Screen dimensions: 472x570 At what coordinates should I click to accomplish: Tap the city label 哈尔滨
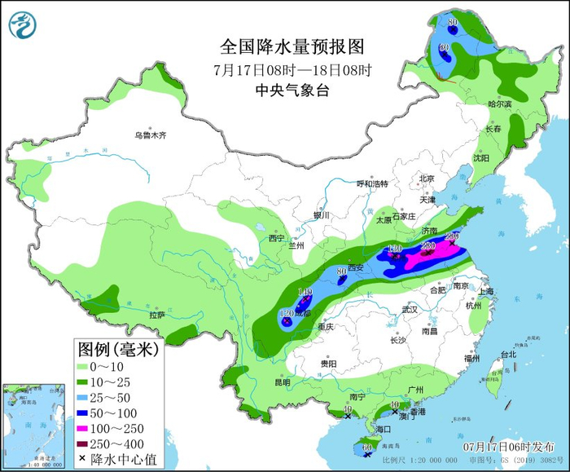pyautogui.click(x=499, y=104)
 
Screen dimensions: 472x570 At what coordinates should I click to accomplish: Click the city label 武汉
pyautogui.click(x=409, y=309)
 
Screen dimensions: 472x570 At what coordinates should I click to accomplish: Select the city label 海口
pyautogui.click(x=383, y=429)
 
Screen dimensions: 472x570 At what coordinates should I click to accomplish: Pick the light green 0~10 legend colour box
pyautogui.click(x=87, y=368)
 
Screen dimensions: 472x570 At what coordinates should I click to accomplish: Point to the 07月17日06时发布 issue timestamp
pyautogui.click(x=504, y=447)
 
